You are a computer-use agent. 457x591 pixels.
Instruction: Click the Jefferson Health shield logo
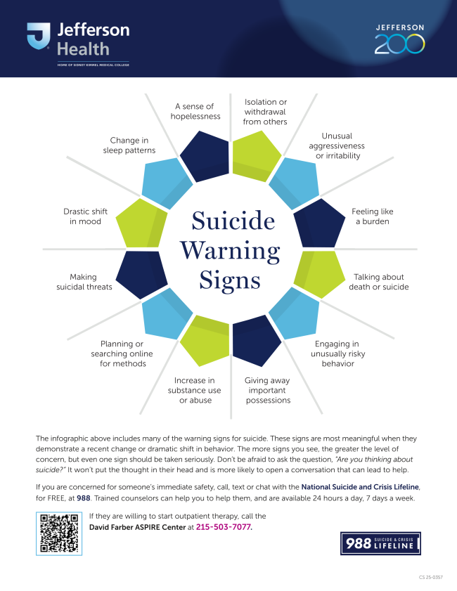38,37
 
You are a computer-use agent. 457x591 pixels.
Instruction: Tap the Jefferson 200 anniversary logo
399,39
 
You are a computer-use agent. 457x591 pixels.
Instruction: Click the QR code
59,533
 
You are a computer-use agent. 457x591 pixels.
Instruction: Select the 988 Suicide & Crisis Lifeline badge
380,544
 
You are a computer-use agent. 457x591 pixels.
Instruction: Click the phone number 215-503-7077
223,526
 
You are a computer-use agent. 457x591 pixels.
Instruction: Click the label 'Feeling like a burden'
372,216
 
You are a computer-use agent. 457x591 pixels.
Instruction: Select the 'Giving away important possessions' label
267,390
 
